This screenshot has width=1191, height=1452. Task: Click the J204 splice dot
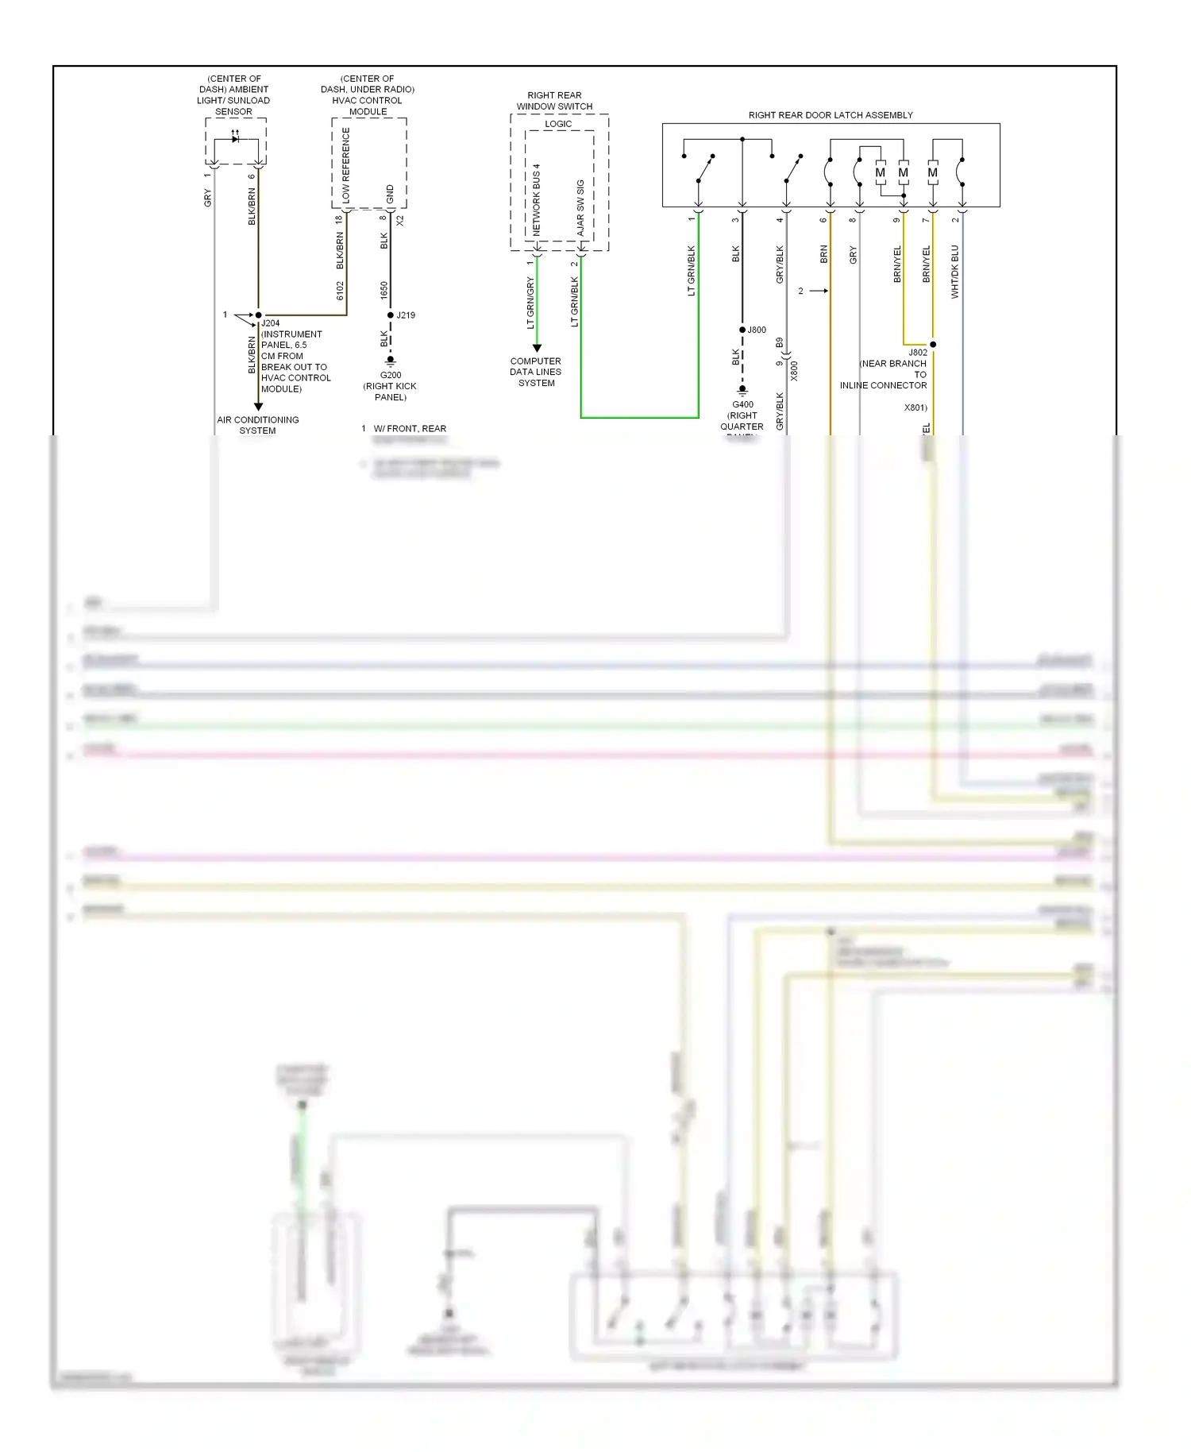pyautogui.click(x=258, y=315)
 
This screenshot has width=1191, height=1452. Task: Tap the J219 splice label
pyautogui.click(x=406, y=315)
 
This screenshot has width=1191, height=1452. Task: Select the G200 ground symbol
pyautogui.click(x=390, y=361)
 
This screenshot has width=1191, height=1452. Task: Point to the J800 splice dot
pyautogui.click(x=742, y=330)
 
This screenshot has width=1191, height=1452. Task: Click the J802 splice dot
pyautogui.click(x=933, y=345)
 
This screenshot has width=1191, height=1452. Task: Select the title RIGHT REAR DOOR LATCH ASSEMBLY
pyautogui.click(x=831, y=115)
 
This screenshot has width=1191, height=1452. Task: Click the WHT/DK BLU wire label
pyautogui.click(x=954, y=272)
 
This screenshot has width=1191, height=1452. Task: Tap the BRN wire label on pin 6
pyautogui.click(x=823, y=254)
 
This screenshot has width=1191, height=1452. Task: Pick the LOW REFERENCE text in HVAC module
pyautogui.click(x=345, y=164)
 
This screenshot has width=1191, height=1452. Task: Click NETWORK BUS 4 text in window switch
pyautogui.click(x=536, y=199)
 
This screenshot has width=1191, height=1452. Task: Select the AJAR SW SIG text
pyautogui.click(x=580, y=207)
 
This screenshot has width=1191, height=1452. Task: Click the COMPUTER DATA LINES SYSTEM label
pyautogui.click(x=536, y=372)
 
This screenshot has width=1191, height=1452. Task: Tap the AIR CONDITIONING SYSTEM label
pyautogui.click(x=258, y=425)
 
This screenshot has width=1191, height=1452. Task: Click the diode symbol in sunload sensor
pyautogui.click(x=235, y=139)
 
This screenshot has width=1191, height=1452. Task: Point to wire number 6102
pyautogui.click(x=340, y=291)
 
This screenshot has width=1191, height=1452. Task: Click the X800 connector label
pyautogui.click(x=794, y=371)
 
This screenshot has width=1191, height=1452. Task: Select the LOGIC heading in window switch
pyautogui.click(x=558, y=124)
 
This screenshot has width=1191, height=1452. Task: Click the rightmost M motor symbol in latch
pyautogui.click(x=932, y=172)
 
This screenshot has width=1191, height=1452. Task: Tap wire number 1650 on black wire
pyautogui.click(x=384, y=290)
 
